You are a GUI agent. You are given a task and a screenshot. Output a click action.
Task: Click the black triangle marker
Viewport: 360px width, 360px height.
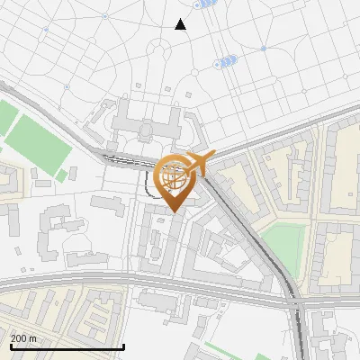[181, 24]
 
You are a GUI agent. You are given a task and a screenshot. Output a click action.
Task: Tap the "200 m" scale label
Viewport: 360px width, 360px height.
[24, 337]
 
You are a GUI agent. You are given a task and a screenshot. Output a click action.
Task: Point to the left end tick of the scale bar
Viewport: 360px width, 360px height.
[10, 346]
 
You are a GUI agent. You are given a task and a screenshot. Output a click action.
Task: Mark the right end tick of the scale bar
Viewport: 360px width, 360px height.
[123, 346]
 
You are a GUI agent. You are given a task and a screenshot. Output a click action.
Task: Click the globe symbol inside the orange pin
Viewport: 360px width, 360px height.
[175, 175]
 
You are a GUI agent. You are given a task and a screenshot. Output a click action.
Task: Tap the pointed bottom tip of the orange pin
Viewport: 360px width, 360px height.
[175, 212]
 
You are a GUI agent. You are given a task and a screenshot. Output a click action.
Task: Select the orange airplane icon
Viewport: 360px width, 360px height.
[199, 162]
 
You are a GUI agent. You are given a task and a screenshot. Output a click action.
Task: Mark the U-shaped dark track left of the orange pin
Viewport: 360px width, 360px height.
[146, 184]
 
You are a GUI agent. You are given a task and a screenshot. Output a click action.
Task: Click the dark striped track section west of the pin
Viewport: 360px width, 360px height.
[121, 160]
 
